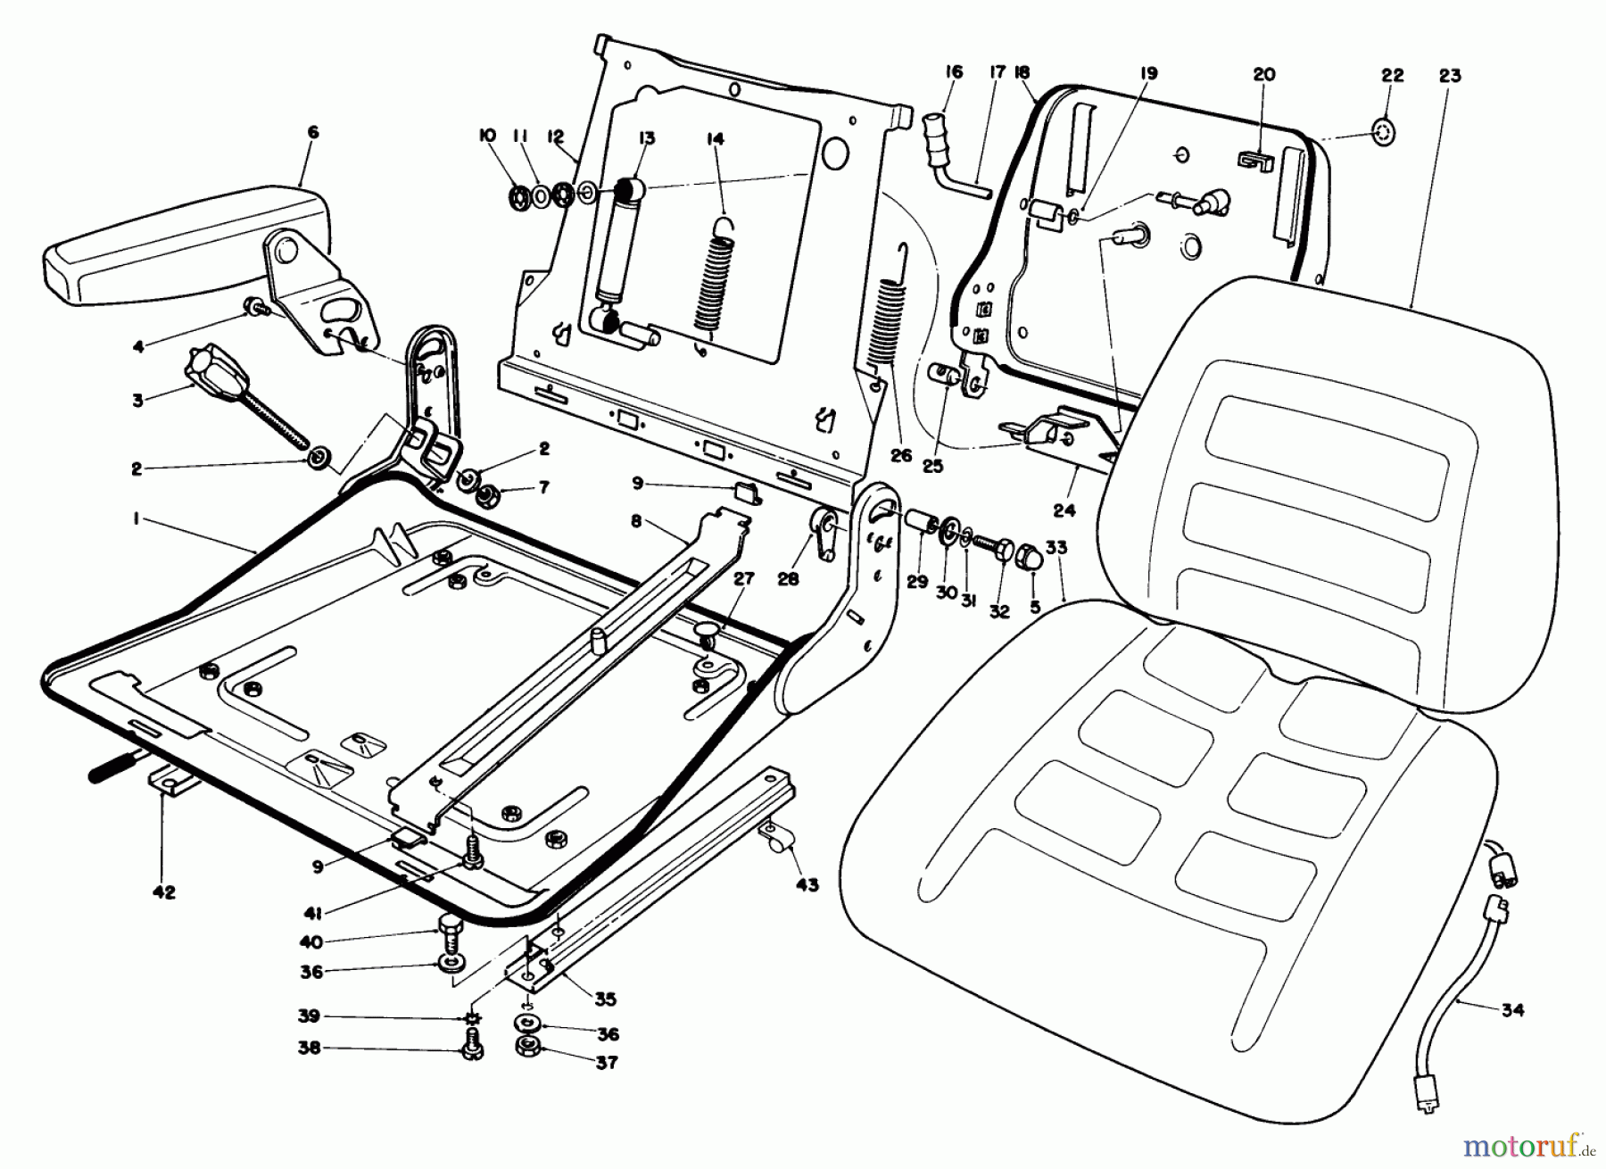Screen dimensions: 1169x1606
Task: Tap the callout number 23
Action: click(1450, 76)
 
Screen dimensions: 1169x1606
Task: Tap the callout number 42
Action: click(165, 891)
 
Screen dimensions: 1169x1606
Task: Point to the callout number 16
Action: click(954, 72)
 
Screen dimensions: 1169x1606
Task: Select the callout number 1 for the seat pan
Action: click(136, 518)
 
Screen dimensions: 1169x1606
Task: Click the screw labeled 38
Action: click(472, 1049)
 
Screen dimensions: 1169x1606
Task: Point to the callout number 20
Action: click(1264, 75)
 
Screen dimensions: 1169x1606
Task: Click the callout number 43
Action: click(807, 885)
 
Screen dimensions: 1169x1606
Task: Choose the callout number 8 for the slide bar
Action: click(636, 521)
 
